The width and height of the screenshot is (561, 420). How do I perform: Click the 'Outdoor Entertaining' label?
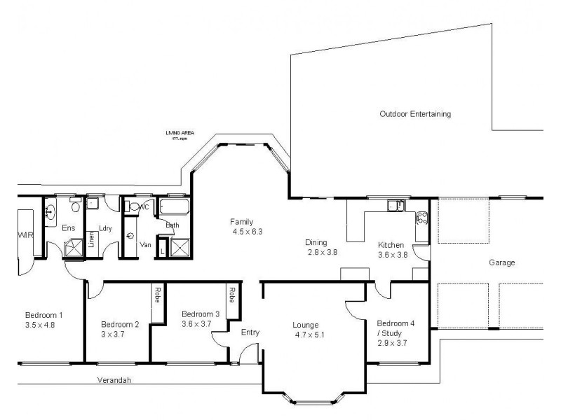414,113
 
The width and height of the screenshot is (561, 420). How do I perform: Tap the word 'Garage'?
502,263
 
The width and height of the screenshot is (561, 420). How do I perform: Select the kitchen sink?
396,205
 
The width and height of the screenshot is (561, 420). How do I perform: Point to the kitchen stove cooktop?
422,219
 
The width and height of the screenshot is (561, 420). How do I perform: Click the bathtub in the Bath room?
173,207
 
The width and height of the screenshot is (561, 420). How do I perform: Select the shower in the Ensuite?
73,248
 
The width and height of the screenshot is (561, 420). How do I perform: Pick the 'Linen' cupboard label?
91,240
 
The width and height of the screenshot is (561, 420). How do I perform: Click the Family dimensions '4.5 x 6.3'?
248,232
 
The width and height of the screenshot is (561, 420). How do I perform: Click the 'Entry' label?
250,332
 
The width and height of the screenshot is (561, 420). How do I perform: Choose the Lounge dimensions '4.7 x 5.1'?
309,335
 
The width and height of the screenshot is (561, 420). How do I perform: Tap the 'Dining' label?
316,242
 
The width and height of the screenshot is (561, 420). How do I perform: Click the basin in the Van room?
130,236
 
